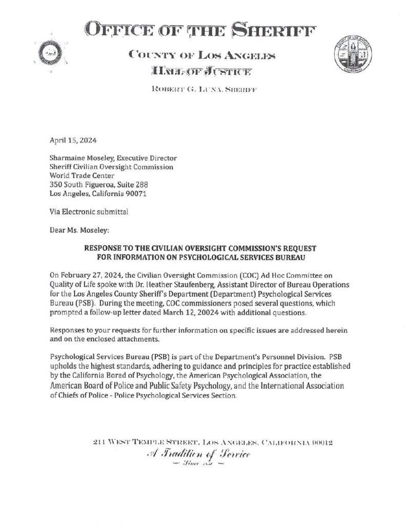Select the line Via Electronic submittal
86,211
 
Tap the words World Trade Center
82,175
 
